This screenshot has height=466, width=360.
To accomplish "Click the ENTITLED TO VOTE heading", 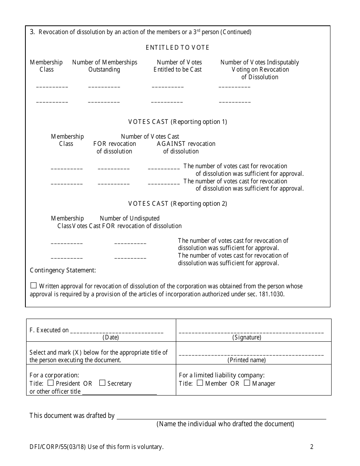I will [177, 47].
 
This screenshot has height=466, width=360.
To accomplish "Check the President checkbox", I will [51, 383].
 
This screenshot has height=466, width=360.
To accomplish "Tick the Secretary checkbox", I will [102, 383].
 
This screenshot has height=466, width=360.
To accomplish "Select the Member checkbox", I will [200, 383].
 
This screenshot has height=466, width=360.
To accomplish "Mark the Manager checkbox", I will [247, 383].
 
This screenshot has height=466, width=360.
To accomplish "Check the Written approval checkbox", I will [34, 286].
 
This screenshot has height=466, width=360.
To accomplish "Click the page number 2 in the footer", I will [311, 447].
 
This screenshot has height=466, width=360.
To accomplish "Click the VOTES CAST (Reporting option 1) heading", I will [177, 122].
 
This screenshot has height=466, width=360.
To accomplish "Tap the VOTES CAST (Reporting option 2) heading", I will [177, 203].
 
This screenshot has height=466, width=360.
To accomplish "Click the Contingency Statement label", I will [63, 270].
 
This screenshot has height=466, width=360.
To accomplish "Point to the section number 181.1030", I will [271, 294].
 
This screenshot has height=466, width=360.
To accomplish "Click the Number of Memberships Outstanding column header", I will [105, 66].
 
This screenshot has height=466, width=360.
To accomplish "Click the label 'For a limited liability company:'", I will [222, 375].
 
